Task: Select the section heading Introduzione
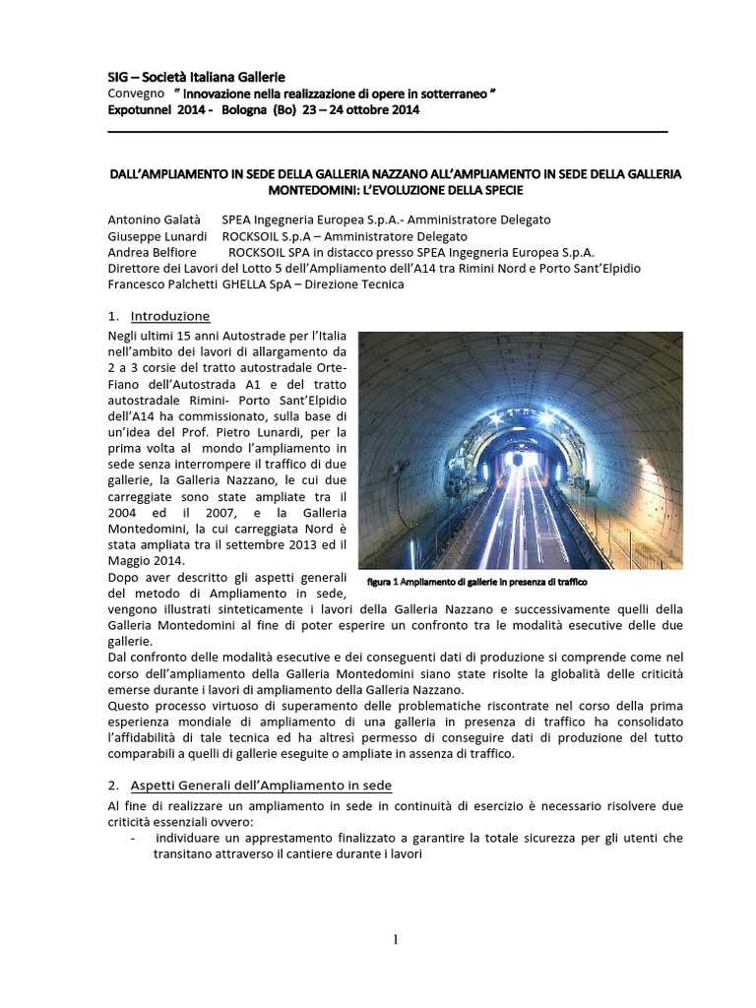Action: coord(170,316)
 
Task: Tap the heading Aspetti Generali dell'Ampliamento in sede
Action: coord(261,785)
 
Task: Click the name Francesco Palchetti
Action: coord(161,284)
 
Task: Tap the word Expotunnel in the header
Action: coord(143,110)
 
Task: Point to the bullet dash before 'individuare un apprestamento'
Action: coord(133,838)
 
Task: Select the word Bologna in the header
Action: coord(244,110)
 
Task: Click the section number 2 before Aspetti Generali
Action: coord(112,785)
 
